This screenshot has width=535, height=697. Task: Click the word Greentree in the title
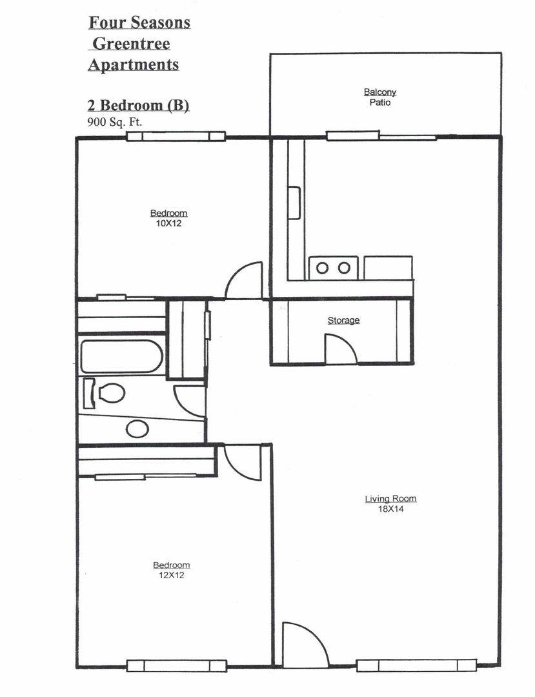click(132, 44)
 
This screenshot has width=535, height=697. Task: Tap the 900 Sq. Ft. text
click(114, 121)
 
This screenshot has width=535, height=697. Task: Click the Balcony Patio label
click(380, 97)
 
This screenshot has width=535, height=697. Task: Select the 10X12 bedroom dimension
click(169, 224)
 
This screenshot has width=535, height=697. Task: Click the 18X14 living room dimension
click(390, 509)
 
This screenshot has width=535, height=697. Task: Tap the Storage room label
click(343, 320)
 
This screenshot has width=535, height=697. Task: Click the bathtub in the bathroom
click(122, 357)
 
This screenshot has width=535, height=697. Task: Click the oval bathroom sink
click(137, 429)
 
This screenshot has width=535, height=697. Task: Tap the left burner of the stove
click(322, 268)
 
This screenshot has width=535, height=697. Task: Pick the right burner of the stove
click(345, 268)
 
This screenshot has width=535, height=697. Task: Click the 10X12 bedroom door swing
click(245, 281)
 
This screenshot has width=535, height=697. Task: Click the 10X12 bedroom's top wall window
click(176, 136)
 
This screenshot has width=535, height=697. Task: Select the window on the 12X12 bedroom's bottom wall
click(177, 665)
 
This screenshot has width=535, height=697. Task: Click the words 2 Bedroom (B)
click(138, 105)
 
